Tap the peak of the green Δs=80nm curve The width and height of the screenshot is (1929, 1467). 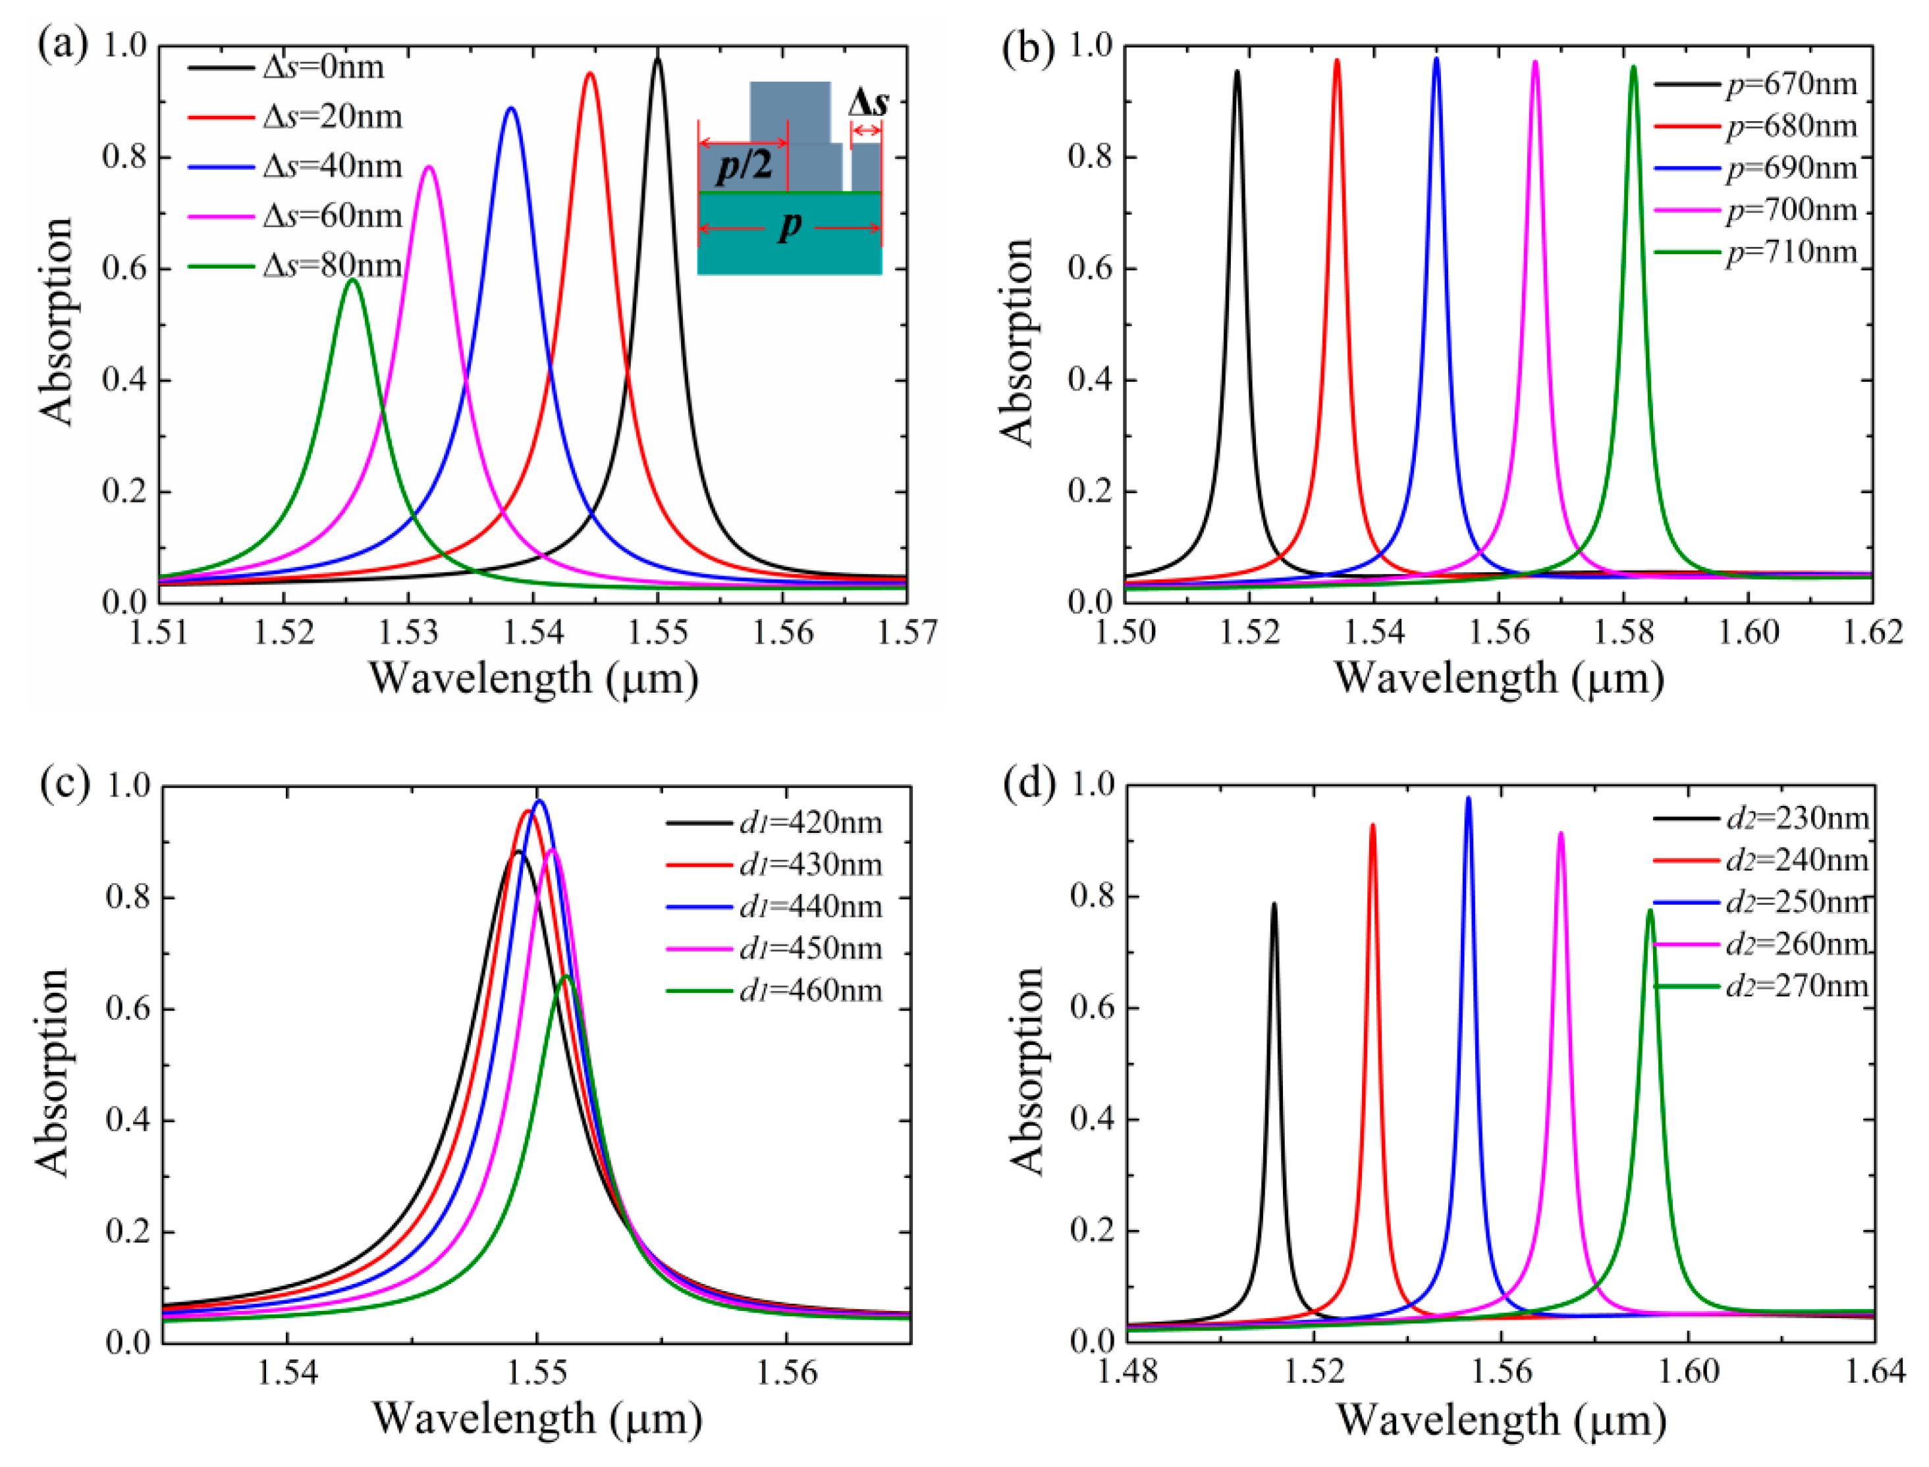(353, 279)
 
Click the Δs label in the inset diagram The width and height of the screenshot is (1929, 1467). (868, 103)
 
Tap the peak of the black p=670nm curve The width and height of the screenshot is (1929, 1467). (1237, 72)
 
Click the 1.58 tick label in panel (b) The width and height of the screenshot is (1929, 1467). (1623, 632)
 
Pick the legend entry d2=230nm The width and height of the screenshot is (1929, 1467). (1797, 819)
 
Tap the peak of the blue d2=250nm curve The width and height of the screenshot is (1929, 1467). (1468, 797)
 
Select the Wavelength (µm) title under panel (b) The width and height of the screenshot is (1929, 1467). (1498, 678)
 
